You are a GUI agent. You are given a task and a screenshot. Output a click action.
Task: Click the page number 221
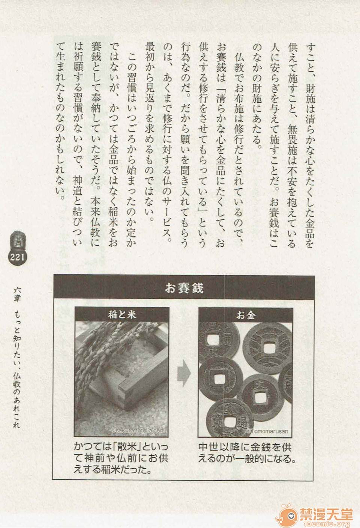click(x=17, y=257)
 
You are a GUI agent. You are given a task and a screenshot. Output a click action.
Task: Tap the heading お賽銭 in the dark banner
click(x=184, y=288)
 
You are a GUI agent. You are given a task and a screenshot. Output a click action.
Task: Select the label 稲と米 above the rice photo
click(x=122, y=315)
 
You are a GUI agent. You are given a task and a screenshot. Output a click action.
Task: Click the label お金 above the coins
click(x=246, y=315)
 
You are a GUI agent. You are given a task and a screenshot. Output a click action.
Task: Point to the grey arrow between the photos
click(x=184, y=374)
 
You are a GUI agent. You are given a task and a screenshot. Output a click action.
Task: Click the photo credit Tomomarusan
click(x=269, y=431)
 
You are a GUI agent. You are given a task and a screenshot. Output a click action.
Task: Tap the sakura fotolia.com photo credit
click(x=138, y=430)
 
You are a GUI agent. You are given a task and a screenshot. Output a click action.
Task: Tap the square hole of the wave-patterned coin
click(x=267, y=346)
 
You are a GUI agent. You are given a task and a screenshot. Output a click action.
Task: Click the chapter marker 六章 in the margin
click(x=17, y=294)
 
